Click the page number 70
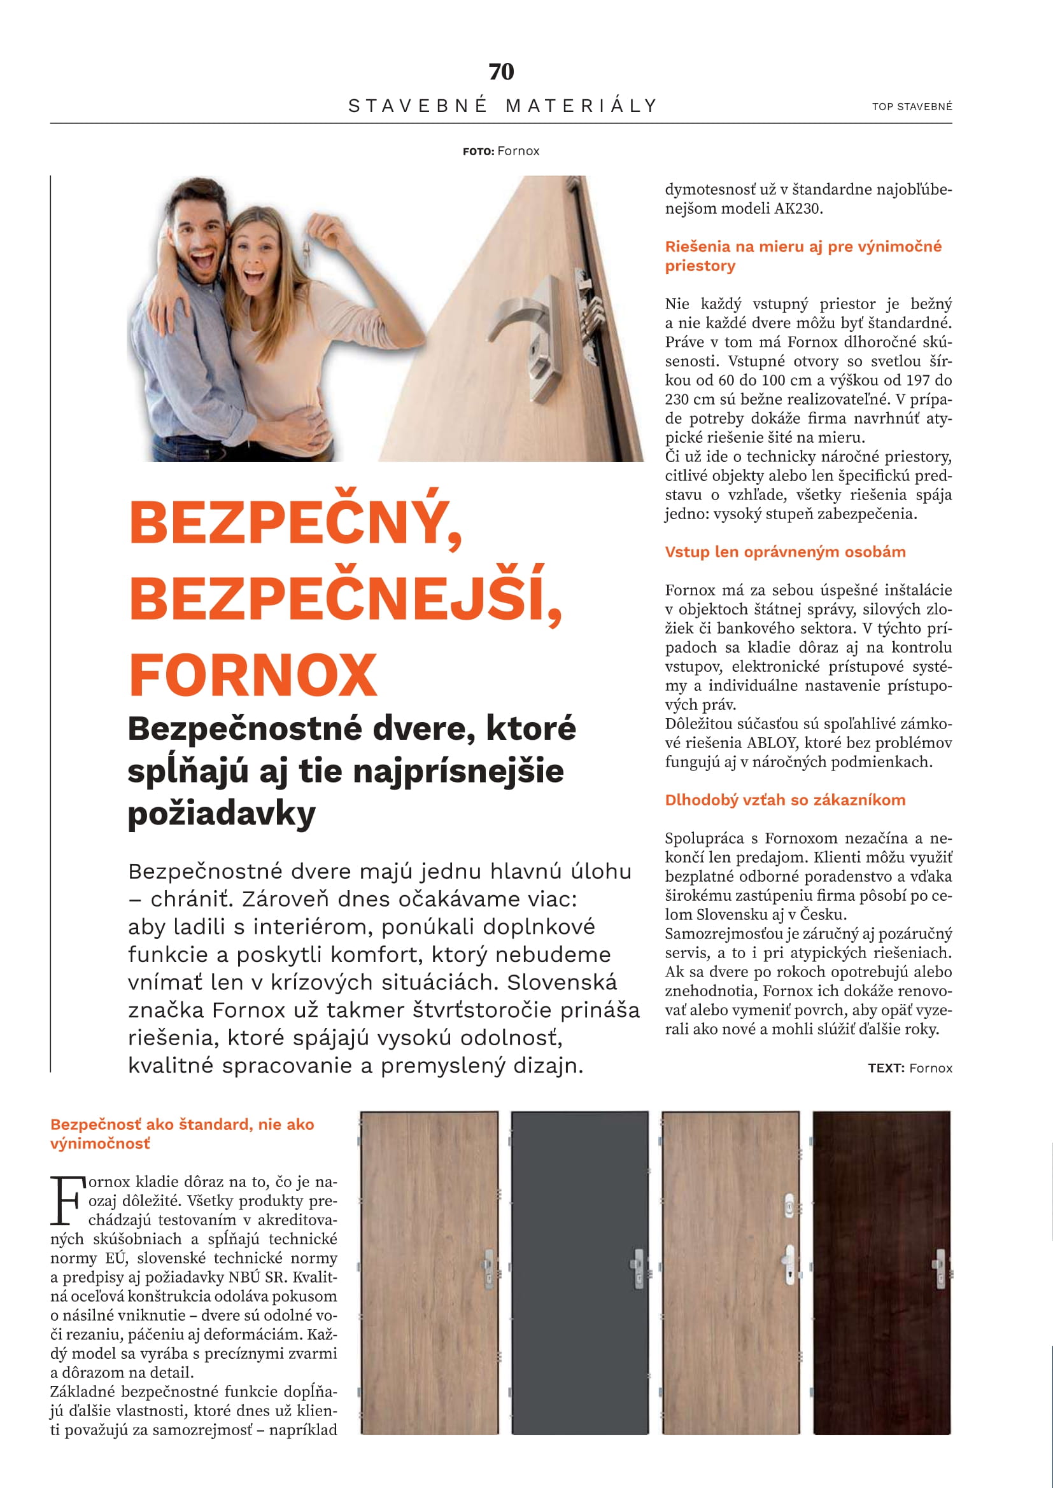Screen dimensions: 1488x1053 501,71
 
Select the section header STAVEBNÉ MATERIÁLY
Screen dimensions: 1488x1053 502,106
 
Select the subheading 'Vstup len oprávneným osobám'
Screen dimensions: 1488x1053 785,552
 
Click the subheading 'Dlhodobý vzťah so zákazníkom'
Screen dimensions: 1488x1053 785,800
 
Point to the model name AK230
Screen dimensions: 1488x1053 798,209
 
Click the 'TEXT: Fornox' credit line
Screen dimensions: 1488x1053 910,1068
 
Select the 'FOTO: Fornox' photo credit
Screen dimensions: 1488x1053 500,151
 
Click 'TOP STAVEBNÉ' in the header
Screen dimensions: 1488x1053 912,106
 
